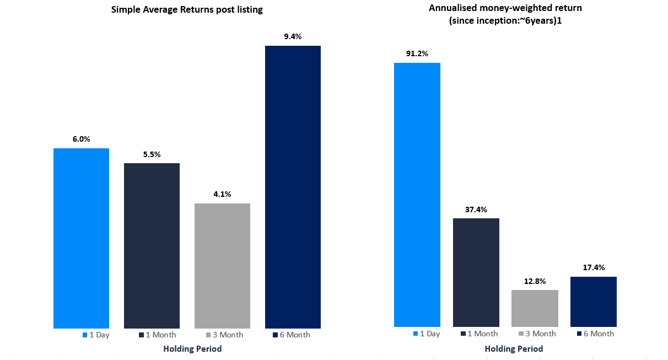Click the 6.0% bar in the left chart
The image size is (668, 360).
pyautogui.click(x=81, y=238)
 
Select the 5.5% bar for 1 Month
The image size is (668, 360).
pyautogui.click(x=152, y=245)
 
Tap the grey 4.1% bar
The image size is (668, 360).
pyautogui.click(x=222, y=266)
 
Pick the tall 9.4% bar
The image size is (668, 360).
pyautogui.click(x=293, y=187)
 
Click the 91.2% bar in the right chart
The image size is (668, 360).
pyautogui.click(x=417, y=195)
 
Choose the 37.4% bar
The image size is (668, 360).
pyautogui.click(x=476, y=272)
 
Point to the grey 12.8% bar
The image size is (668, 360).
pyautogui.click(x=535, y=308)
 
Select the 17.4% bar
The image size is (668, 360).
pyautogui.click(x=594, y=302)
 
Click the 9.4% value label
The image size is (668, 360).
pyautogui.click(x=293, y=36)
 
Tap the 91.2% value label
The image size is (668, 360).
pyautogui.click(x=417, y=53)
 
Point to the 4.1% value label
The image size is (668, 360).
pyautogui.click(x=222, y=194)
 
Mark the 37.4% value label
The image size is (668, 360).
pyautogui.click(x=476, y=209)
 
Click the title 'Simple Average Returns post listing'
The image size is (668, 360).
pyautogui.click(x=187, y=9)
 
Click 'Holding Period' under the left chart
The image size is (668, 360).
pyautogui.click(x=192, y=348)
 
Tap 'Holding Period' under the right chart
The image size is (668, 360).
pyautogui.click(x=514, y=348)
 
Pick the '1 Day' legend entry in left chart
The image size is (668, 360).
pyautogui.click(x=96, y=335)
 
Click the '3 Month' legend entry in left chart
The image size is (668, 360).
pyautogui.click(x=224, y=335)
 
